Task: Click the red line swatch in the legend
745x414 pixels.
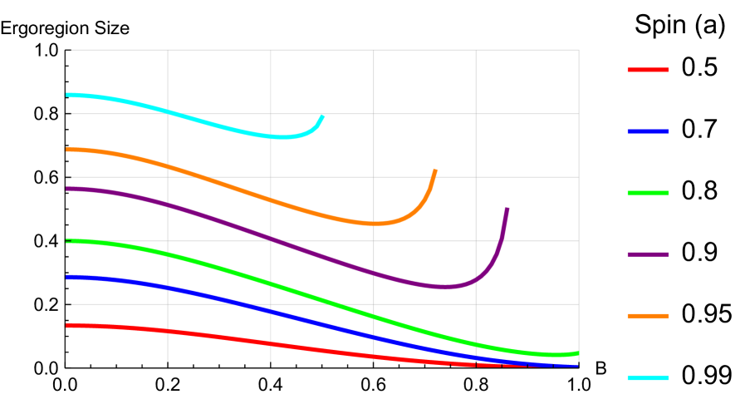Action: coord(648,70)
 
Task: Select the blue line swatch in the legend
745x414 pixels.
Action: coord(648,131)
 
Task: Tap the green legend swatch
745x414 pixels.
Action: coord(648,193)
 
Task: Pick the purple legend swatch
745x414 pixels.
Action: coord(648,254)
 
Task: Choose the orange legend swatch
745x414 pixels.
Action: coord(648,316)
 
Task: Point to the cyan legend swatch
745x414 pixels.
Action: coord(648,377)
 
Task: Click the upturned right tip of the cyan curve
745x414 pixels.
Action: coord(322,116)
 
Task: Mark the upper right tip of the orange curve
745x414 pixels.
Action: coord(435,170)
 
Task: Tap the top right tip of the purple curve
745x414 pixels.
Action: coord(507,209)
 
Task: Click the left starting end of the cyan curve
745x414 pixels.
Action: coord(67,95)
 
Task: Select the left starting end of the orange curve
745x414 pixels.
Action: coord(67,150)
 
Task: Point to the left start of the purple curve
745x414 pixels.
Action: coord(67,189)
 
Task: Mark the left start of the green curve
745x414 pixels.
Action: coord(67,241)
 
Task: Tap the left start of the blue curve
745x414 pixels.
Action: coord(67,278)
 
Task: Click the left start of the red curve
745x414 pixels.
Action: coord(67,325)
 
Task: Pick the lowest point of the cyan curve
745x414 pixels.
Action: coord(282,136)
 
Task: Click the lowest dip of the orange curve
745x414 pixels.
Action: coord(374,223)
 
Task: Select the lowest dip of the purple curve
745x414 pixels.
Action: coord(446,286)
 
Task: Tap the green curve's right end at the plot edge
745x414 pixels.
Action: coord(577,353)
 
